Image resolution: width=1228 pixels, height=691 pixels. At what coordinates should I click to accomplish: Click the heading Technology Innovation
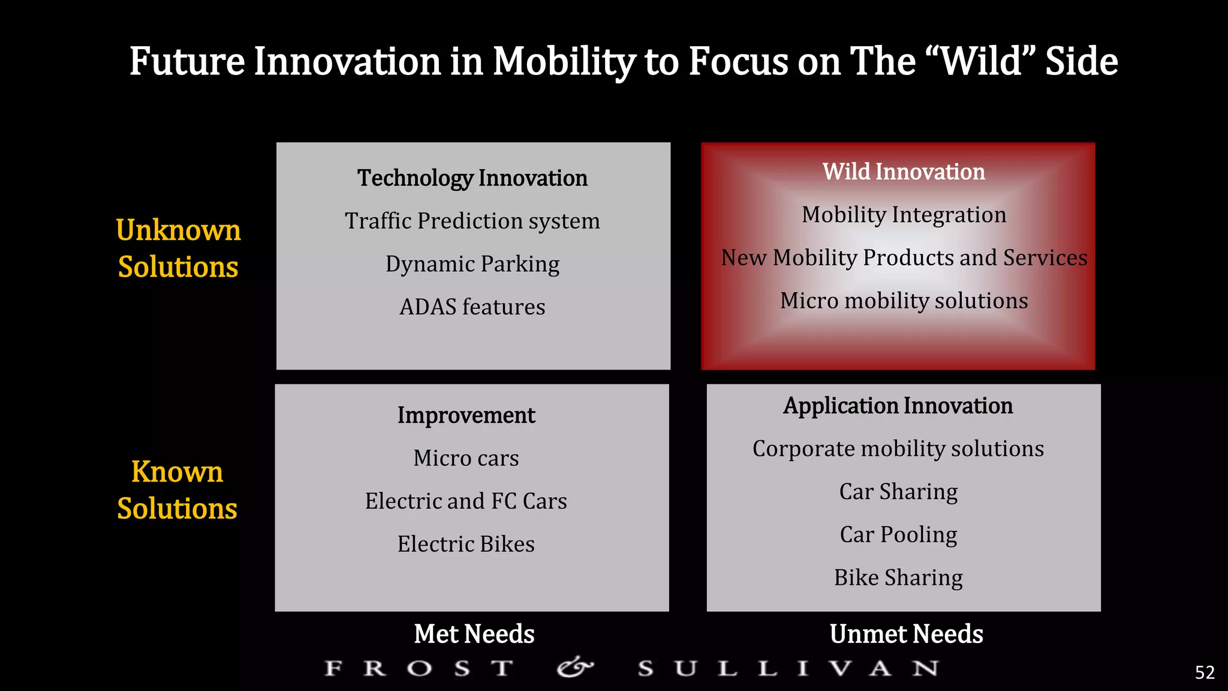click(472, 178)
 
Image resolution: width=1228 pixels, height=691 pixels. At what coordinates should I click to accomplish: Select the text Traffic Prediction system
click(472, 221)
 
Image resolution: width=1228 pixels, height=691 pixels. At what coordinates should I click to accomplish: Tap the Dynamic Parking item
click(472, 264)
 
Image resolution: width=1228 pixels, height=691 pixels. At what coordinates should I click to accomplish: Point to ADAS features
click(472, 307)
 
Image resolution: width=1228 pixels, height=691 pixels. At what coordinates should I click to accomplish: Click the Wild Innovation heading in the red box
click(904, 172)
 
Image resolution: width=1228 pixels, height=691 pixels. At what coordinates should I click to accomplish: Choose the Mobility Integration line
click(904, 215)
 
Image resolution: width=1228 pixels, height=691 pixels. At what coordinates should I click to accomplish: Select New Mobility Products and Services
click(904, 257)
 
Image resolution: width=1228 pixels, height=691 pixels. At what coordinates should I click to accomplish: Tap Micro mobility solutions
click(904, 301)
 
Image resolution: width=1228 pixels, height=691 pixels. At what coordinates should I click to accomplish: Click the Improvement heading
click(466, 415)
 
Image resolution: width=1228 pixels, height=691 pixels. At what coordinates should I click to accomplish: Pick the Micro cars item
click(466, 458)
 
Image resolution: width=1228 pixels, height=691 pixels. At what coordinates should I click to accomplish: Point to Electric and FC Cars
click(466, 501)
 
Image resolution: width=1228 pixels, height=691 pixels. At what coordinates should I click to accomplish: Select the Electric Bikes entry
click(466, 544)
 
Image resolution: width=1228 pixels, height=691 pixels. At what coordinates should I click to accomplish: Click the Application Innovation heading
click(898, 406)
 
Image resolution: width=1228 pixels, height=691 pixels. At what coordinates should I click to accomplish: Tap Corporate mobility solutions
click(898, 449)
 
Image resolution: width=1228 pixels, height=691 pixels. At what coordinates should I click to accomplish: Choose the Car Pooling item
click(898, 534)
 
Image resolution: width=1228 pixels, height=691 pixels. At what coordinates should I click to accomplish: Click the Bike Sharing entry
click(898, 578)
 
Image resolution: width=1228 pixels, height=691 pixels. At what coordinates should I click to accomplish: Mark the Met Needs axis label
click(474, 634)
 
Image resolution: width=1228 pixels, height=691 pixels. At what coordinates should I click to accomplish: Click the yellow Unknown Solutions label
click(178, 248)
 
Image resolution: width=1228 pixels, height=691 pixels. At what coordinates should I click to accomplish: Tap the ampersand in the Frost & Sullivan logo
click(574, 668)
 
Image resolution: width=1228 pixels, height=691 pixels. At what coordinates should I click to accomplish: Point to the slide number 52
click(1205, 672)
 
